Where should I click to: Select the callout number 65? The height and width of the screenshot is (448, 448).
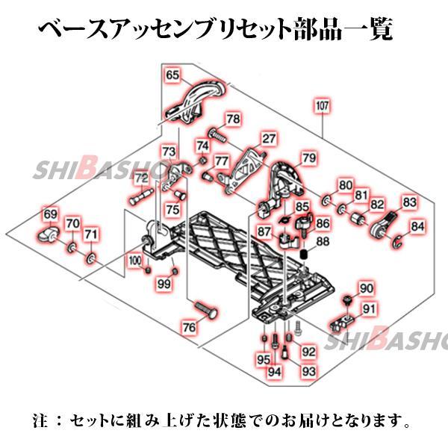point(172,75)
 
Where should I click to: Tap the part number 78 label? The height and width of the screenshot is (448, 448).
point(234,119)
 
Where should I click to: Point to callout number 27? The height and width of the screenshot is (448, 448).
point(268,139)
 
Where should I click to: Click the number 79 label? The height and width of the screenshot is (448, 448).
point(308,158)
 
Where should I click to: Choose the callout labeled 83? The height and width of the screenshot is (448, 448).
point(409,202)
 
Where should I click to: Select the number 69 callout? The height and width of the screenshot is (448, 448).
point(50,215)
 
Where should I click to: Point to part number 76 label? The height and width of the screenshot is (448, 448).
point(190,327)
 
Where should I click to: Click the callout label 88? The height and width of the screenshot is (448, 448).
point(323,241)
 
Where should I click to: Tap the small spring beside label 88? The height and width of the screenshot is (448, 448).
point(305,257)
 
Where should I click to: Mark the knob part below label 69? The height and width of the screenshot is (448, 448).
point(49,237)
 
